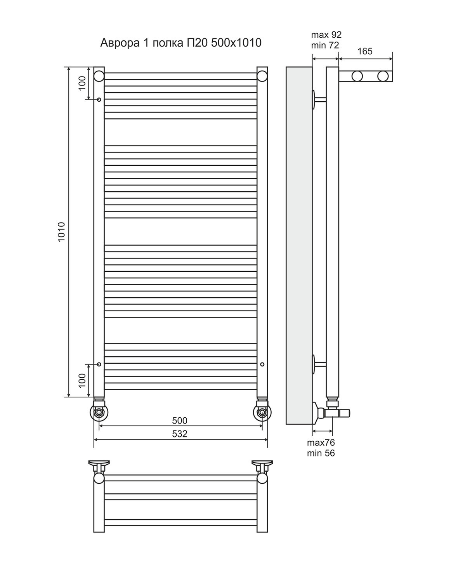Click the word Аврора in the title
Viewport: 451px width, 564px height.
[x=120, y=43]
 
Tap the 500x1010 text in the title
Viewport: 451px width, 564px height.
[x=236, y=43]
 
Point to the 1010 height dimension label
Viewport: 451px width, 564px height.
[x=61, y=232]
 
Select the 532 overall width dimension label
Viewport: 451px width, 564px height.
[x=180, y=434]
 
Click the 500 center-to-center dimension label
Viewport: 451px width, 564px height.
[x=180, y=421]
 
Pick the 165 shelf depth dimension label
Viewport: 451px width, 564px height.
[x=365, y=51]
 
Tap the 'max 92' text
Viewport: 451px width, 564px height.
[x=326, y=35]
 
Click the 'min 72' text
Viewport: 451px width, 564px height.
[x=325, y=45]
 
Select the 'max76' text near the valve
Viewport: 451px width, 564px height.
[x=321, y=443]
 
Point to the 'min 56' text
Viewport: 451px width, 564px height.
[x=321, y=453]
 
